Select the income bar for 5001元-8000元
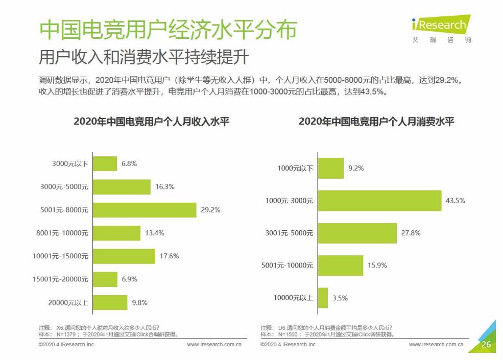point(145,210)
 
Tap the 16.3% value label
point(164,187)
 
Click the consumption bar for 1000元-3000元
point(379,201)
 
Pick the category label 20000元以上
point(68,302)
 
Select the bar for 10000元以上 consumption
point(323,298)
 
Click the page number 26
point(486,345)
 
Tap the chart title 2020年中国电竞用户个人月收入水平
point(151,122)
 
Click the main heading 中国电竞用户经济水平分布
point(168,31)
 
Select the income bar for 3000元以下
point(105,164)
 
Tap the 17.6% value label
point(169,256)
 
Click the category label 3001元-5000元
point(289,233)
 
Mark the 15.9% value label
point(377,266)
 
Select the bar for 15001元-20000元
point(105,279)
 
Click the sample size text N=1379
point(65,334)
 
